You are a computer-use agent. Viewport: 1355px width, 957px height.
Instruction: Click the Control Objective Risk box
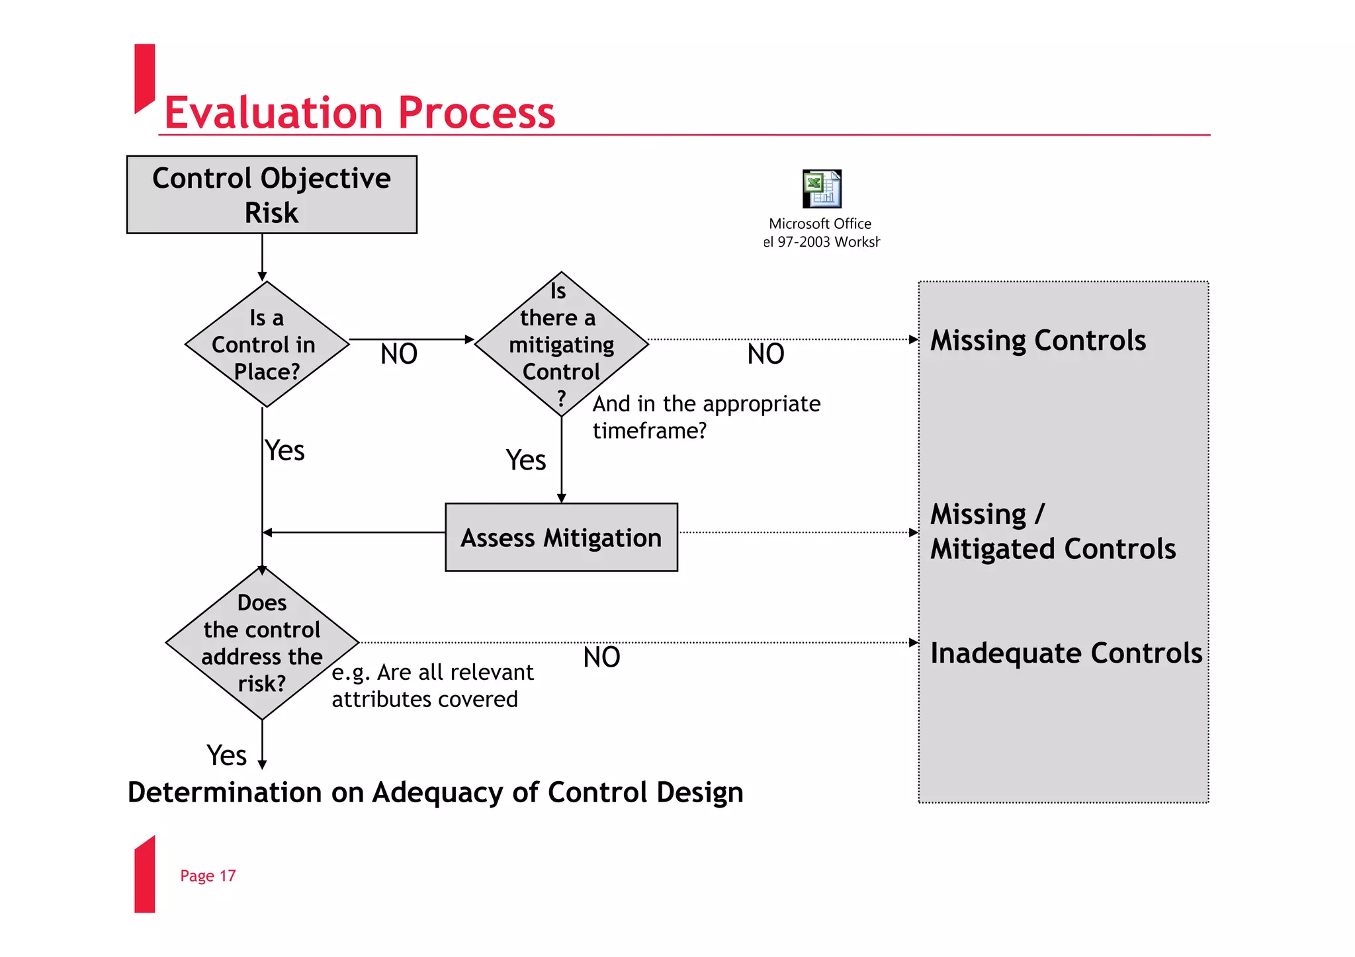(271, 194)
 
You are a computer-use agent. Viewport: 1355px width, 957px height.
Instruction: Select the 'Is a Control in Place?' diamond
(267, 345)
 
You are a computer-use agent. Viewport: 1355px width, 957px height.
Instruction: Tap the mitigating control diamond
(561, 345)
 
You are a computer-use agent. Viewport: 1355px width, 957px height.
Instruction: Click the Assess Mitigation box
(561, 537)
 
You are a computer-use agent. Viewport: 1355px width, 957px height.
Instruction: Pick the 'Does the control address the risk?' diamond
(262, 643)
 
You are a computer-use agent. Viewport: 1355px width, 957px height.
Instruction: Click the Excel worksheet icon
(821, 189)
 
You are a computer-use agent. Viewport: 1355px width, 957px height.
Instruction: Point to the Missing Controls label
(1037, 341)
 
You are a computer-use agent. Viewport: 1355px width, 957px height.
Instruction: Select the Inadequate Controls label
(1065, 653)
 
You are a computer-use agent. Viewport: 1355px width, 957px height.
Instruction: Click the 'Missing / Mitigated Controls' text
(1052, 531)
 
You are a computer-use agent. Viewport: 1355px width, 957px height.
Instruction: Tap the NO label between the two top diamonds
(399, 354)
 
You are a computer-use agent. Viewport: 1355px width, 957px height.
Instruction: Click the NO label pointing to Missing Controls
(765, 354)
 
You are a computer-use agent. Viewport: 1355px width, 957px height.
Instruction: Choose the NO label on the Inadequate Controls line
(601, 657)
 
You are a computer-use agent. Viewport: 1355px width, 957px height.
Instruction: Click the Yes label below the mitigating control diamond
(526, 460)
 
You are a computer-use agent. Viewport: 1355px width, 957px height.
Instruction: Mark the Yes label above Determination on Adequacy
(226, 755)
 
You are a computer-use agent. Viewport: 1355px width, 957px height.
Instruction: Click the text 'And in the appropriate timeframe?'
(706, 417)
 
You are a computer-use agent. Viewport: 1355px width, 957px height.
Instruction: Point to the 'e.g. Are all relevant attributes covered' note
(432, 686)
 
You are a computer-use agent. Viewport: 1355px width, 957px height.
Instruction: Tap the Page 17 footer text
(208, 876)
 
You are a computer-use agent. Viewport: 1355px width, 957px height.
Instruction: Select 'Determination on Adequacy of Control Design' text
(435, 792)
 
